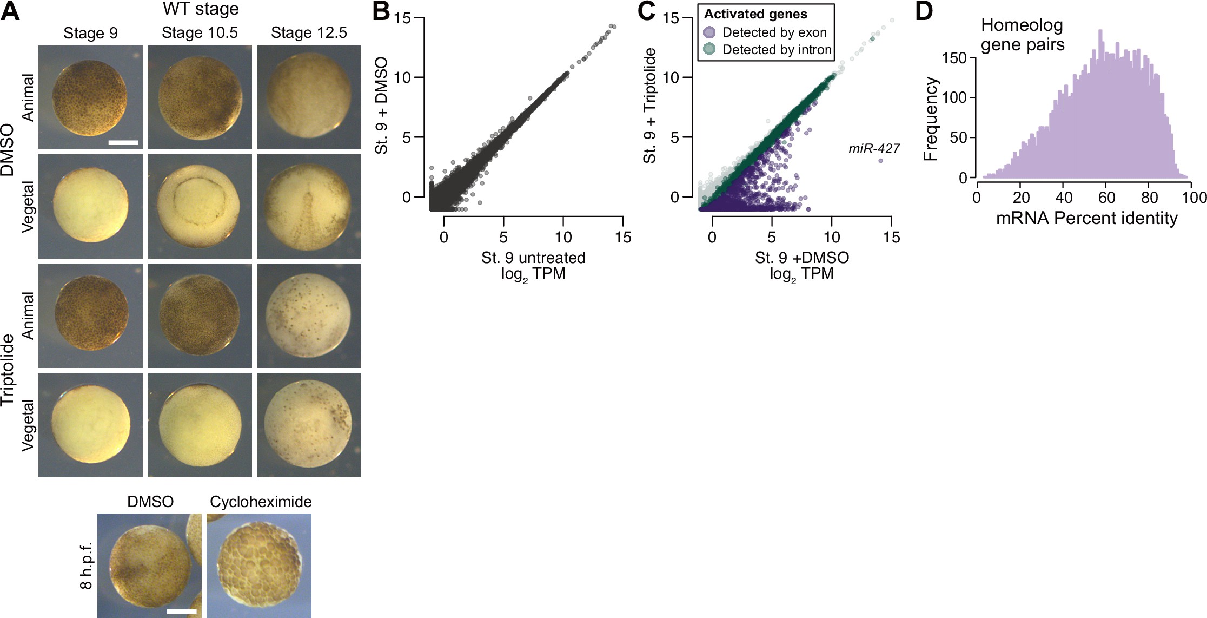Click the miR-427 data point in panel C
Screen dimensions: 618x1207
click(880, 161)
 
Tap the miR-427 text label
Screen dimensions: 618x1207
click(874, 148)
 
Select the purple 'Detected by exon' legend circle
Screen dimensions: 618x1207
click(709, 32)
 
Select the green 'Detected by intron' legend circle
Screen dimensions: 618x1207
click(709, 49)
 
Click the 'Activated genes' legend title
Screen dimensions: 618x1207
click(755, 14)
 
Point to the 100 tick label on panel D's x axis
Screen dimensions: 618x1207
click(1194, 198)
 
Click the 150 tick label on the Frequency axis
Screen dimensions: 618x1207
click(954, 58)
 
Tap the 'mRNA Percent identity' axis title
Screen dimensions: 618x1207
click(1086, 218)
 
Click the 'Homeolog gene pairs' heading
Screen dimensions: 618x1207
click(1022, 35)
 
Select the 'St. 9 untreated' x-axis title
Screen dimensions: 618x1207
click(533, 258)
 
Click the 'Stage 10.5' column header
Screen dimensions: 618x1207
click(200, 33)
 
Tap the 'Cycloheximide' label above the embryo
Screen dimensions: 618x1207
click(261, 502)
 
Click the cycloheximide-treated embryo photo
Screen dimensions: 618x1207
click(259, 566)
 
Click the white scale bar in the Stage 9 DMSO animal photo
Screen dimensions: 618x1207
click(123, 143)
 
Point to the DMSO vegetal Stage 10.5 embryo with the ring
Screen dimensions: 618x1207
click(200, 206)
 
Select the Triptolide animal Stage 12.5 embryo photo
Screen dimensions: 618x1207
click(309, 315)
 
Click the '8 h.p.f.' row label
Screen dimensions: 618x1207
click(86, 566)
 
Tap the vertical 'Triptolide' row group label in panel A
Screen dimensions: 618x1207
click(8, 370)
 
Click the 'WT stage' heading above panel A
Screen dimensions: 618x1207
click(201, 9)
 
